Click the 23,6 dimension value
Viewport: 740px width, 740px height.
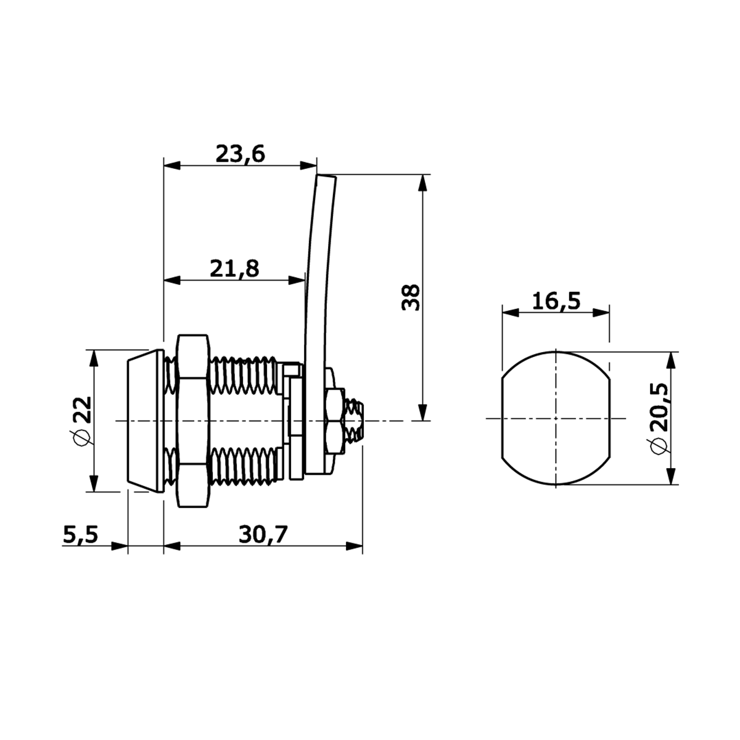(240, 154)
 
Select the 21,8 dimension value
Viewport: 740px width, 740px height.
(234, 268)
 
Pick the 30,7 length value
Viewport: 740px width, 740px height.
(263, 535)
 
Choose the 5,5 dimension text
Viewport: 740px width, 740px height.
(81, 535)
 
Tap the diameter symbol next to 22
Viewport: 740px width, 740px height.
(81, 438)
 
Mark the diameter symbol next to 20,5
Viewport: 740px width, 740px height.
(658, 446)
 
